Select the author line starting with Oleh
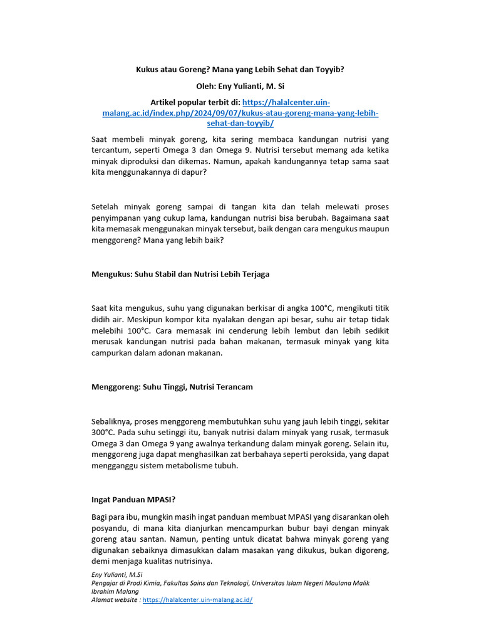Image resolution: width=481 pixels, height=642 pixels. pos(240,86)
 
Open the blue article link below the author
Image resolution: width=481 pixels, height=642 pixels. pos(240,113)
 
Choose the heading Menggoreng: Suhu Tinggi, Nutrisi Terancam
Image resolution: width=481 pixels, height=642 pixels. pos(172,387)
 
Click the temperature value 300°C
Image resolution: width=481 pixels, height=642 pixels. pos(103,432)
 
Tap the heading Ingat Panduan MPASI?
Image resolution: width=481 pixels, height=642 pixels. pos(133,500)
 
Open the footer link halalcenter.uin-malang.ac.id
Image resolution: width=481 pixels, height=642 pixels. pos(197,599)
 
